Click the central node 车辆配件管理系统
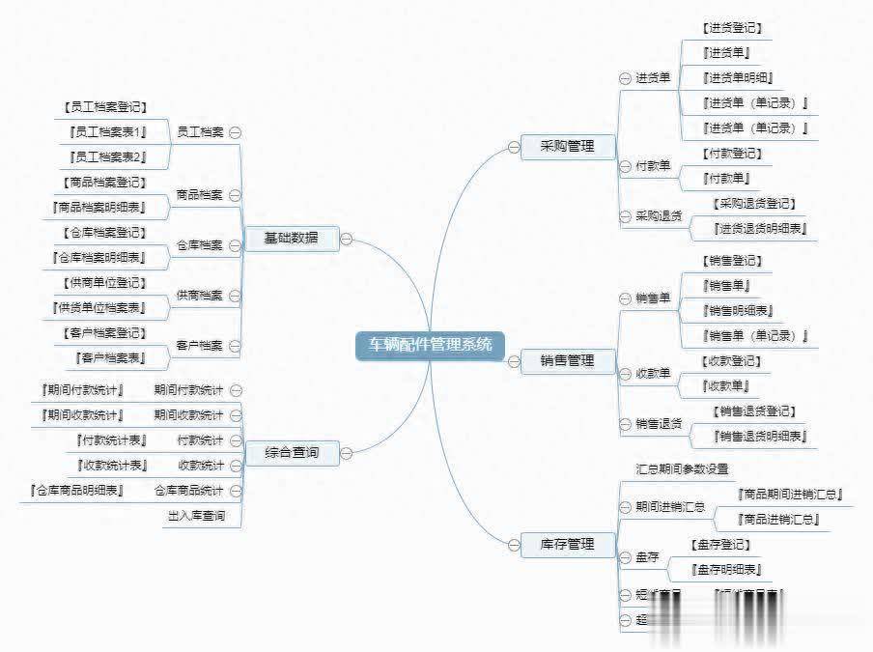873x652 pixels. [430, 345]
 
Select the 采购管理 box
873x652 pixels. [567, 147]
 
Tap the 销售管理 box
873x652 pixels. [567, 361]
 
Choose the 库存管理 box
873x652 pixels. [567, 545]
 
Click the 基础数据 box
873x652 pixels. [291, 238]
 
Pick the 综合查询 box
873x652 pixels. [291, 452]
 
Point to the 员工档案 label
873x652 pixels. [200, 131]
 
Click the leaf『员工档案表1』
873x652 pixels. [107, 131]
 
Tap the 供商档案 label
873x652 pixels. [200, 295]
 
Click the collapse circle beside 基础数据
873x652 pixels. [346, 239]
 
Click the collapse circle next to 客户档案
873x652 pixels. [235, 346]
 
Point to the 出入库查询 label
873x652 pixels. [196, 516]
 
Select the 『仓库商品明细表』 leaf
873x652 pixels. [77, 491]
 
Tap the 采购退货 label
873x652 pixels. [659, 216]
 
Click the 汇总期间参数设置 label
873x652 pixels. [682, 469]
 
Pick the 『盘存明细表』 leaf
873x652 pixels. [727, 570]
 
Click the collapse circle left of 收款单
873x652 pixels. [624, 374]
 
